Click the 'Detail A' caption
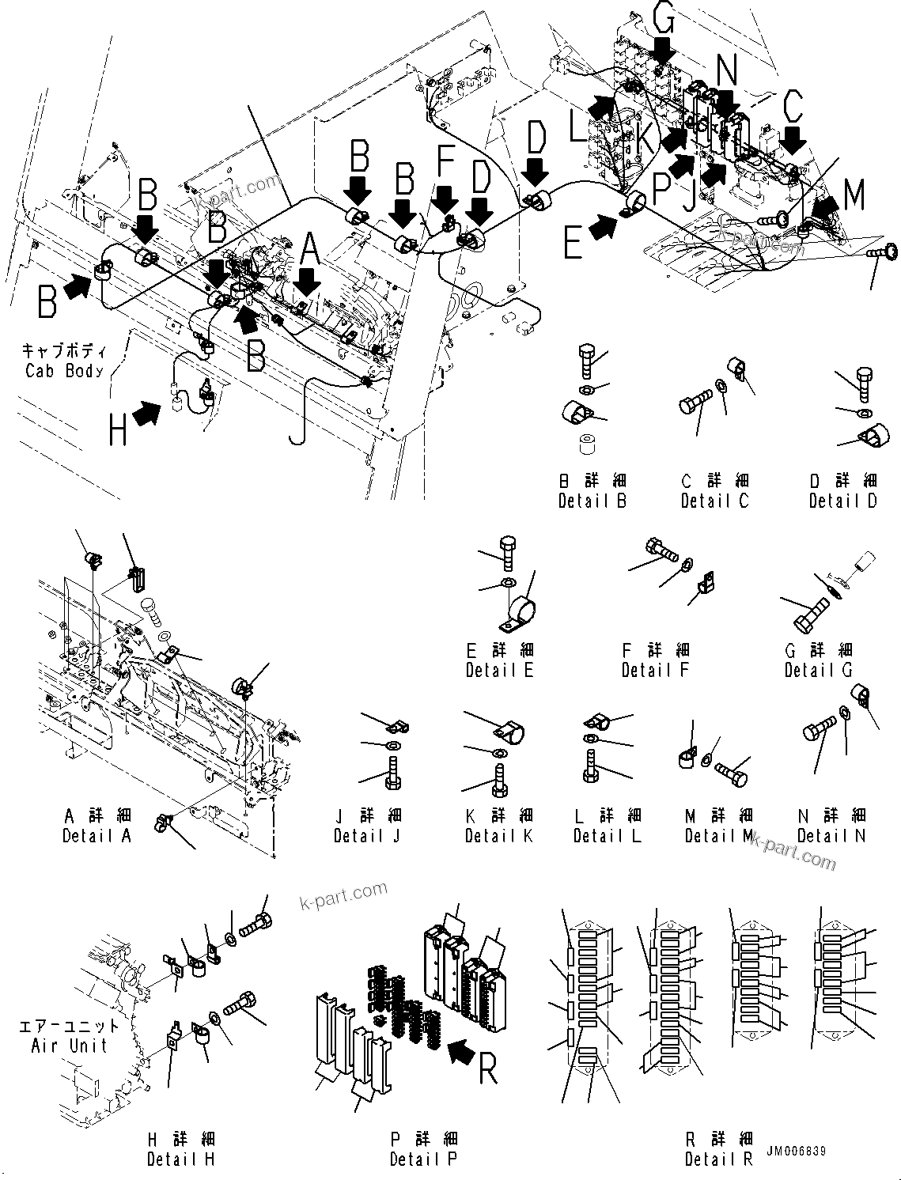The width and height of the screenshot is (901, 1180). point(97,835)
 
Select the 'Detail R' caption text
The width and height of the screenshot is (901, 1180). point(718,1159)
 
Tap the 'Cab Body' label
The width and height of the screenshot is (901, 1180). point(64,371)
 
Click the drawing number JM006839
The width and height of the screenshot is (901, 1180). point(796,1151)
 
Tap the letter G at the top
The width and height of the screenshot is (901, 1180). point(664,16)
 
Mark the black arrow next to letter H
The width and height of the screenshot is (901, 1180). point(147,413)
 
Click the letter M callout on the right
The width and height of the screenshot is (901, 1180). point(854,195)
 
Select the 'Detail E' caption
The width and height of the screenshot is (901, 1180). point(499,669)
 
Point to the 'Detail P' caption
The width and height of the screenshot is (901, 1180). point(423,1159)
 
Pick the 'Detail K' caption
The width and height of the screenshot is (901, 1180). point(498,835)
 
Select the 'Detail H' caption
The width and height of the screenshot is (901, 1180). point(180,1159)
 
